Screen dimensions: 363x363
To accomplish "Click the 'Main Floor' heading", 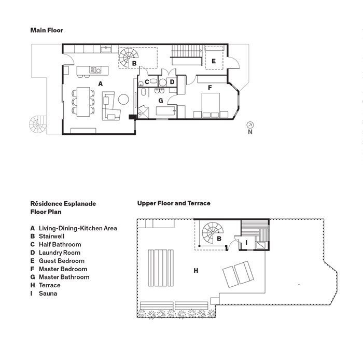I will [x=47, y=31].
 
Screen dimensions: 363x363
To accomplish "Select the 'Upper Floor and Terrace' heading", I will [x=174, y=203].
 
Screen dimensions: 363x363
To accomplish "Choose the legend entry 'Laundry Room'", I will [x=59, y=253].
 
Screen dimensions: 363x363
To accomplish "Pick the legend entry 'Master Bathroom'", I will [x=63, y=277].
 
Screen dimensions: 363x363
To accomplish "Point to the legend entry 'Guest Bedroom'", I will [x=61, y=261].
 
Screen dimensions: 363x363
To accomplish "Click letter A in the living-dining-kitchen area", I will [x=100, y=83].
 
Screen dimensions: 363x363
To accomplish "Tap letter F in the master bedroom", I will [x=210, y=88].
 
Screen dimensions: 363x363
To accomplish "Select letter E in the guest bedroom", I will [x=213, y=61].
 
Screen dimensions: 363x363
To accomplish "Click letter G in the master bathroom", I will [x=161, y=100].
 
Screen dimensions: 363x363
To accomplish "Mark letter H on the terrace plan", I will [x=196, y=270].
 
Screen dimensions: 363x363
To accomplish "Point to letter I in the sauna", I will [x=247, y=242].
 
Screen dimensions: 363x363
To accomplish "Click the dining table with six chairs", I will [x=83, y=101].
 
